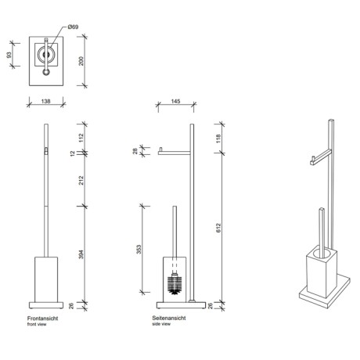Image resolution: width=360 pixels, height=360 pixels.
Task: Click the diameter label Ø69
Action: click(x=72, y=27)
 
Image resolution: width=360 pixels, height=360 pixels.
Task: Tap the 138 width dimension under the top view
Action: click(x=45, y=101)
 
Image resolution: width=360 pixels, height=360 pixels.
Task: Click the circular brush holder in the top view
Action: click(x=45, y=56)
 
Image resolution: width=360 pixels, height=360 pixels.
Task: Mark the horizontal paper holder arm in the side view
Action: click(x=174, y=152)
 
